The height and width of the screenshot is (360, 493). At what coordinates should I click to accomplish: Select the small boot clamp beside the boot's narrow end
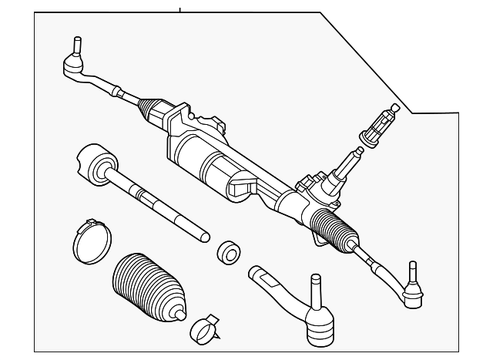click(x=205, y=328)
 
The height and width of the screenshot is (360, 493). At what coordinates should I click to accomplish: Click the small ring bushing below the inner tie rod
click(x=228, y=254)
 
